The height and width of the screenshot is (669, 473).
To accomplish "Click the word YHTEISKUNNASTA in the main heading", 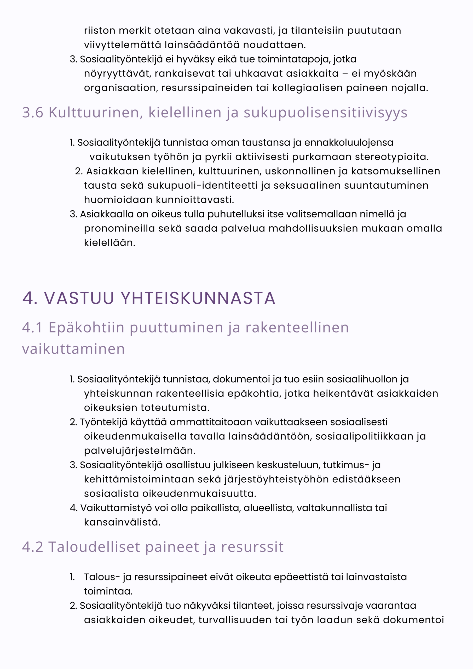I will pos(198,298).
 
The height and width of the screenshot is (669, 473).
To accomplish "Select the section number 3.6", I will pos(33,112).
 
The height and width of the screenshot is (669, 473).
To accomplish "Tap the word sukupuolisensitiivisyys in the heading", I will pos(325,112).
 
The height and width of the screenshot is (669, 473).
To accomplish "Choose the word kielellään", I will pos(109,243).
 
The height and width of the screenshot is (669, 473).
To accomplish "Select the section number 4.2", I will pos(33,547).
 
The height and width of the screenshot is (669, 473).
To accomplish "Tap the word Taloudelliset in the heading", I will pos(94,547).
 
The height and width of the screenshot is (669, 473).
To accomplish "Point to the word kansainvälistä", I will pos(122,522).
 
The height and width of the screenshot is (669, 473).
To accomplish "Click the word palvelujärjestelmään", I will pos(140,451).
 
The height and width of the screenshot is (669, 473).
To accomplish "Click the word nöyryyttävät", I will pos(117,73).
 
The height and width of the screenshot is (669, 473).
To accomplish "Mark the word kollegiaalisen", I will pos(307,88).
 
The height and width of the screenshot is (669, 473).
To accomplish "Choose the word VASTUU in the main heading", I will pos(79,298).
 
